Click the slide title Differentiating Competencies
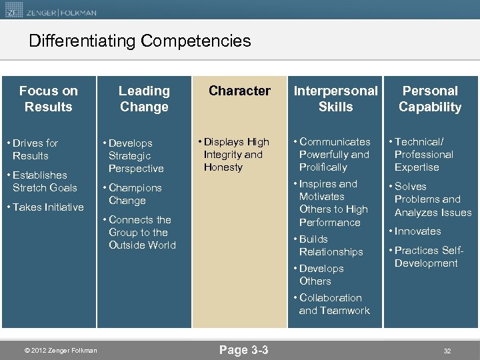pos(140,41)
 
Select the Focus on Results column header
pos(48,99)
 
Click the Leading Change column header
pos(144,99)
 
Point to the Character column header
pos(239,91)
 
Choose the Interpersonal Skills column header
pos(335,99)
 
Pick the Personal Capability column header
pos(430,99)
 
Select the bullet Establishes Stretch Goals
pos(44,181)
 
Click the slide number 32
pos(447,351)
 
